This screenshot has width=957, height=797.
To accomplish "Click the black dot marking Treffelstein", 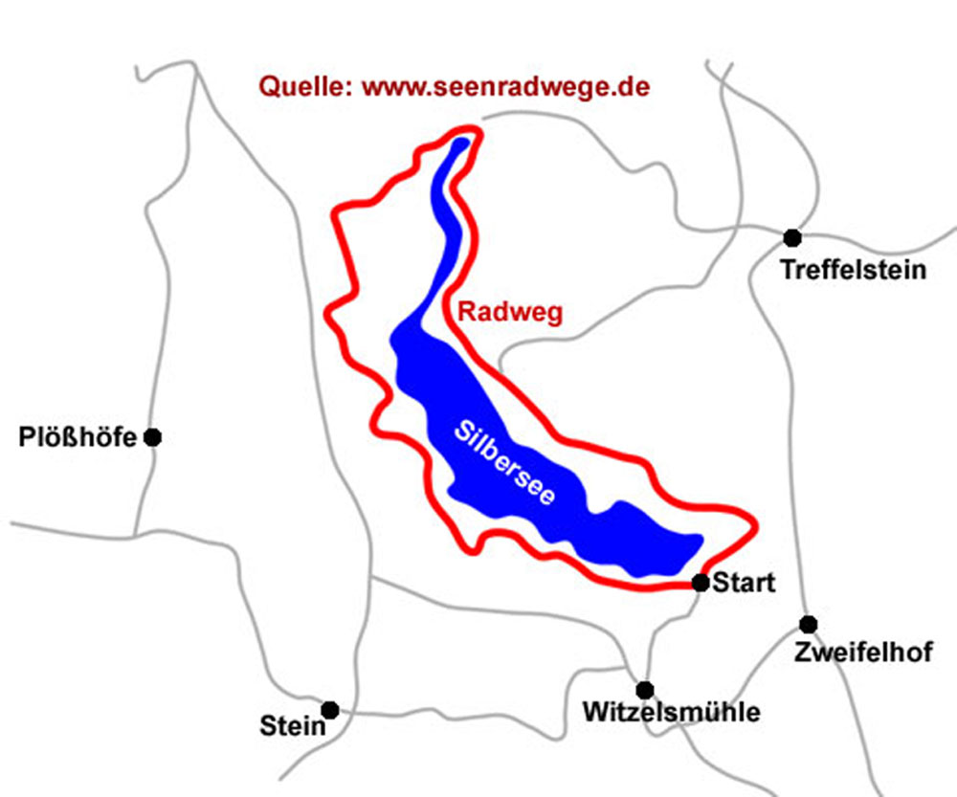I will click(x=791, y=237).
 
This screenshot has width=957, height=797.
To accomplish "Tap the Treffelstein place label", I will click(x=854, y=270).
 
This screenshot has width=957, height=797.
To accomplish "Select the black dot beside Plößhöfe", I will click(x=152, y=437).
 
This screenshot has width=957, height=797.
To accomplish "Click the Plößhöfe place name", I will click(x=78, y=438).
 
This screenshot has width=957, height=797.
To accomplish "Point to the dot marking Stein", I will click(x=330, y=710).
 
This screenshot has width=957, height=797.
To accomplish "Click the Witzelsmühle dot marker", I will click(x=645, y=690).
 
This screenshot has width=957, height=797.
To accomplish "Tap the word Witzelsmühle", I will click(x=672, y=714).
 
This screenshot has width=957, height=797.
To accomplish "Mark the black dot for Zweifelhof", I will click(x=809, y=625).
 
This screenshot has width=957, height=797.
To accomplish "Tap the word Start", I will click(x=744, y=583).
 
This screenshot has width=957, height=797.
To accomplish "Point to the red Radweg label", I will click(x=508, y=312).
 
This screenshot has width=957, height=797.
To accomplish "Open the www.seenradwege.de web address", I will click(x=507, y=86).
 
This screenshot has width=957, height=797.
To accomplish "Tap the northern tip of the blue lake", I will click(x=464, y=144).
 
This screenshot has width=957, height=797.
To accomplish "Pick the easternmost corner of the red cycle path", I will click(x=755, y=524).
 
